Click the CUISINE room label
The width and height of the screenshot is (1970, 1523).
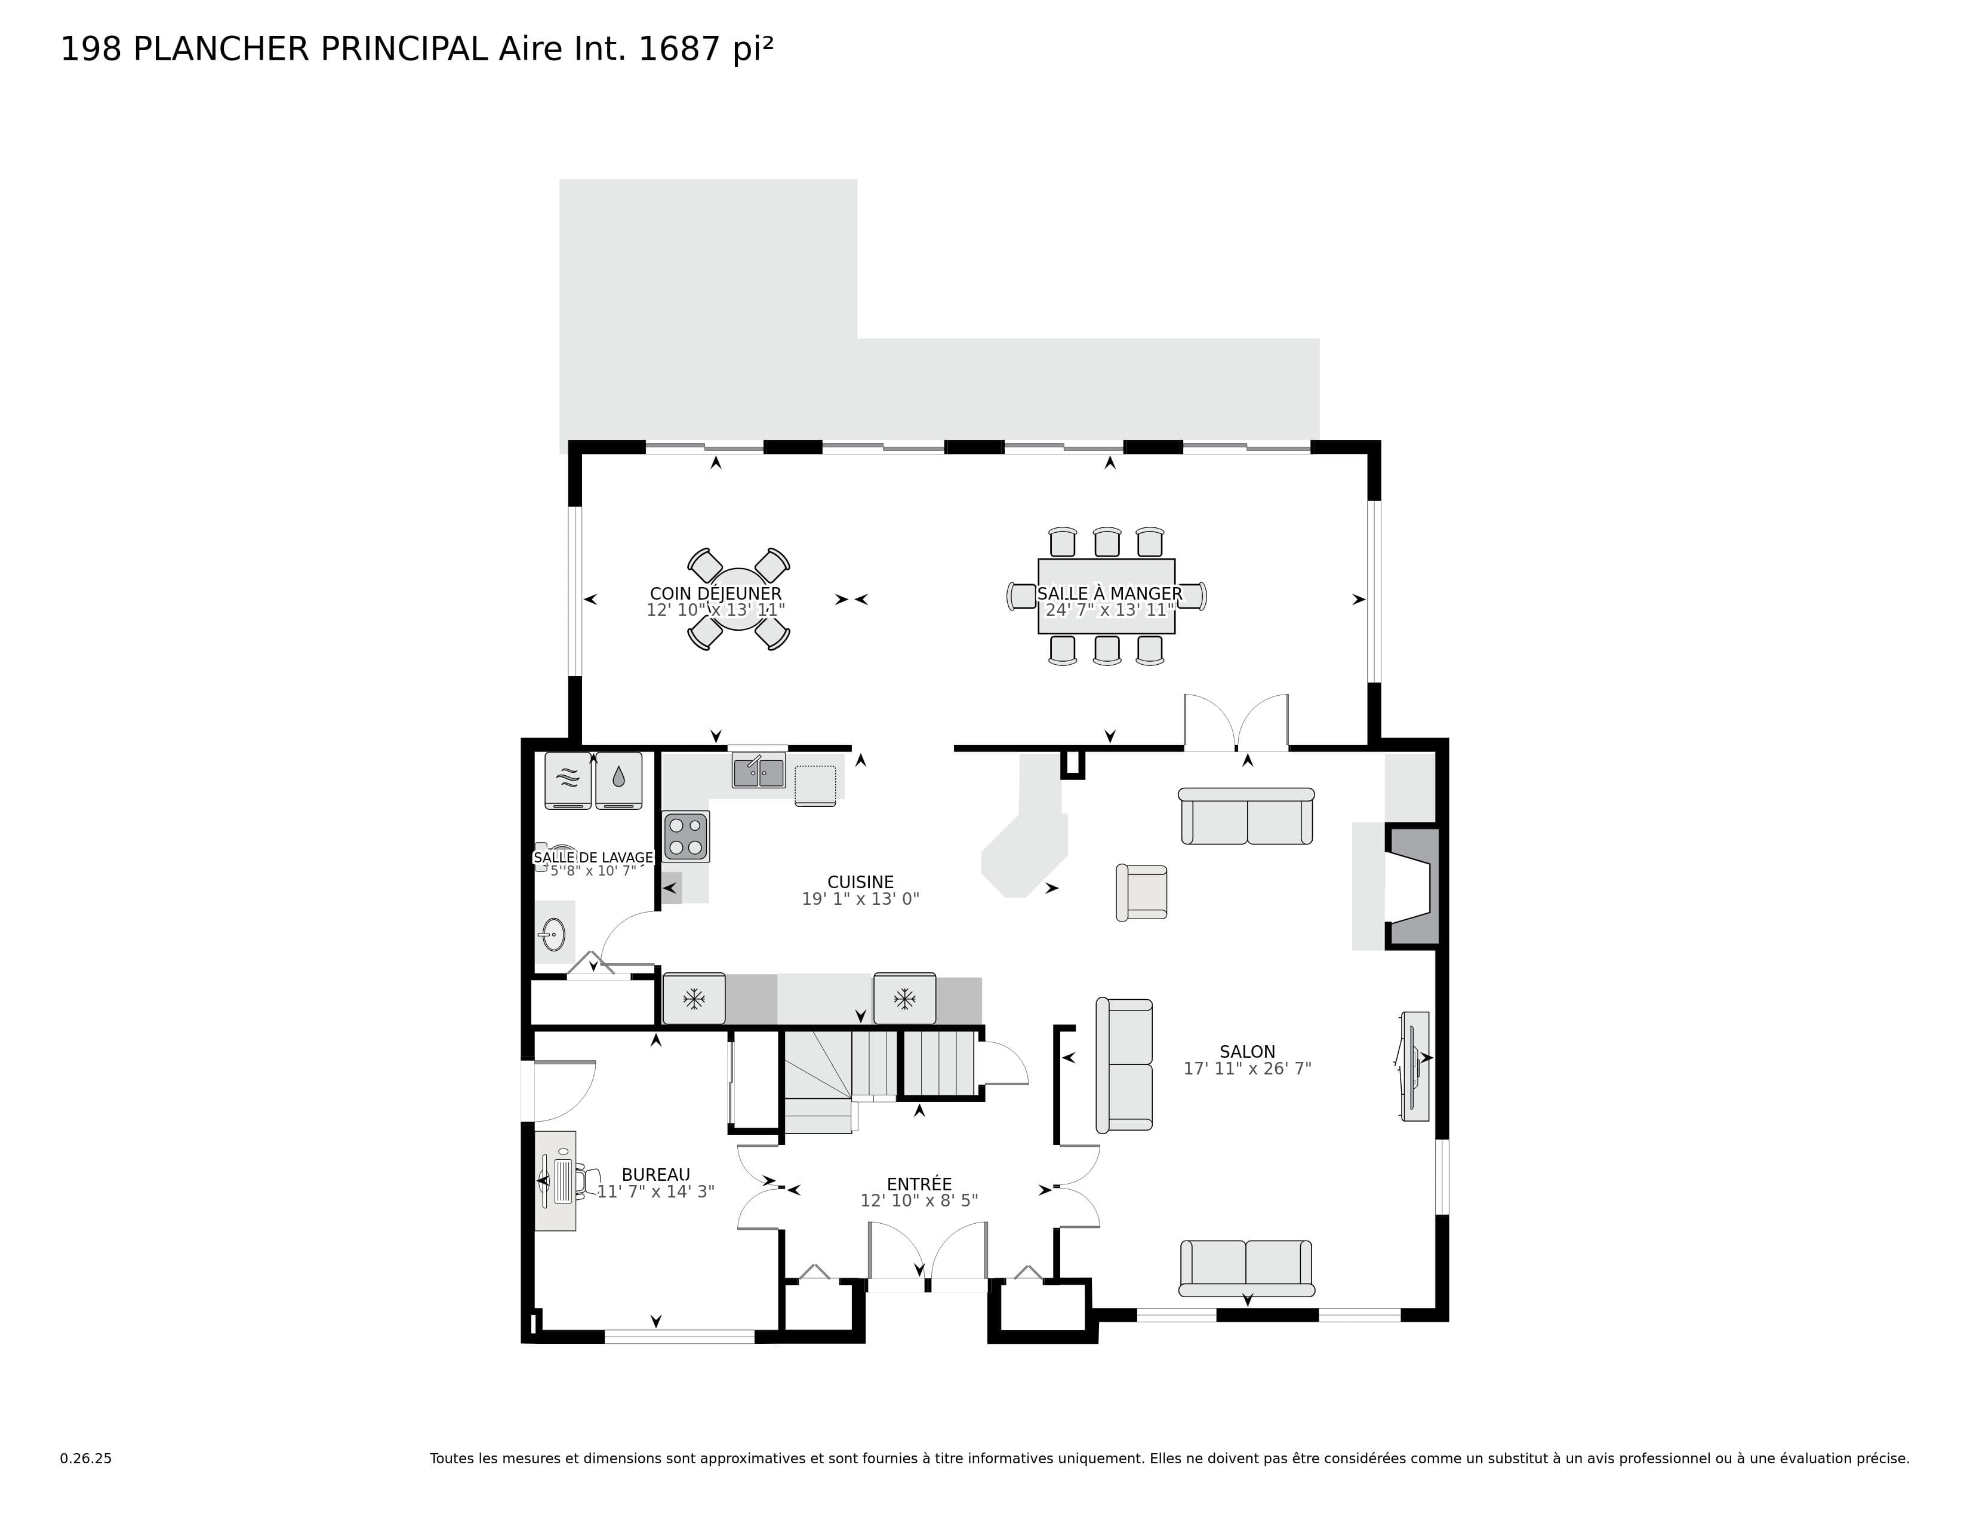(860, 882)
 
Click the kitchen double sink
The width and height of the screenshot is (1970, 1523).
(758, 772)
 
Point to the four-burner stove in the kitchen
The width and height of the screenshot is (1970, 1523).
(685, 836)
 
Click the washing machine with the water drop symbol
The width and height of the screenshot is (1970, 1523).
(619, 779)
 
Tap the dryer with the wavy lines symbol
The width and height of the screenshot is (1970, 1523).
(567, 779)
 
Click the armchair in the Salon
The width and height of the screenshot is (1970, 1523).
(1142, 892)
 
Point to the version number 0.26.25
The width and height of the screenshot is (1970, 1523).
(86, 1458)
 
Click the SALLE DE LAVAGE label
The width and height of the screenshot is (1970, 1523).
(593, 857)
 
